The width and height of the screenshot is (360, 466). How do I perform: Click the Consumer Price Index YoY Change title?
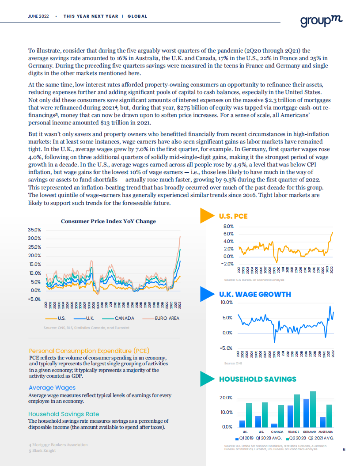pyautogui.click(x=108, y=221)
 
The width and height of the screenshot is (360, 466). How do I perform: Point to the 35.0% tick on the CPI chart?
pyautogui.click(x=34, y=230)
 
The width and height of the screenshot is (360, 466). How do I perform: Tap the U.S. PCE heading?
pyautogui.click(x=233, y=216)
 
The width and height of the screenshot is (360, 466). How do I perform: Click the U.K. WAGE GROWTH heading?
pyautogui.click(x=255, y=294)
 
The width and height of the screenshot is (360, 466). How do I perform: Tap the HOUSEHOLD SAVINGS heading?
pyautogui.click(x=258, y=379)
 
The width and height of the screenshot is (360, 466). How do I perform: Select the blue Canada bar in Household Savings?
pyautogui.click(x=274, y=425)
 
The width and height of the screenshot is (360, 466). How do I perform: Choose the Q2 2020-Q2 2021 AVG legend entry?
pyautogui.click(x=308, y=439)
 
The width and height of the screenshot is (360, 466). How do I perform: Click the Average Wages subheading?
pyautogui.click(x=52, y=388)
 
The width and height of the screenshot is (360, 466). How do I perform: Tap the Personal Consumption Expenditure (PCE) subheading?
pyautogui.click(x=83, y=351)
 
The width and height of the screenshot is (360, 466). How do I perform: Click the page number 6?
pyautogui.click(x=344, y=450)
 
